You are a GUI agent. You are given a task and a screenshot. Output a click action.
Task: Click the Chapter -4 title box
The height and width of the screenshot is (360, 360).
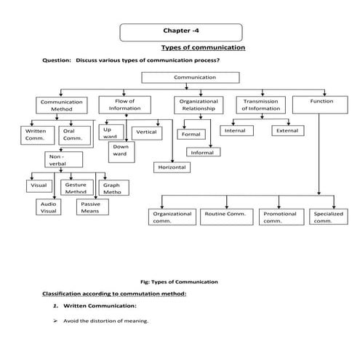coord(180,32)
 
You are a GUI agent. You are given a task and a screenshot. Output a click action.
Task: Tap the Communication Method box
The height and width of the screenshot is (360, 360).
coord(61,105)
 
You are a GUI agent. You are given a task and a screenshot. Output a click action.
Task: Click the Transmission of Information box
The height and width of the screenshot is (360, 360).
coord(261,105)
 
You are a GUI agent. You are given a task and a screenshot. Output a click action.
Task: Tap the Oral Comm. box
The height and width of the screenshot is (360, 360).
coord(73,135)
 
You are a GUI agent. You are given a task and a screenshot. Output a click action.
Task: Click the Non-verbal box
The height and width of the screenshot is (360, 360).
coord(63,160)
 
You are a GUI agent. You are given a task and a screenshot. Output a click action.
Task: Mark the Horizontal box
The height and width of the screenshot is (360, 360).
coord(172,168)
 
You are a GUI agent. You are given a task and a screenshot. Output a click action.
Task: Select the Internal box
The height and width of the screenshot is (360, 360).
coord(236,131)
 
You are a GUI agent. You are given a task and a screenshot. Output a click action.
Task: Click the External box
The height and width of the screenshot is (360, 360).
coord(285,131)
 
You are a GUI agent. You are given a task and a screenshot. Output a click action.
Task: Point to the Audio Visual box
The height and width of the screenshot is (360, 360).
coord(49,207)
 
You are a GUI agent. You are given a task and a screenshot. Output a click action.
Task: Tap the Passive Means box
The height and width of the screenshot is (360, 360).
coord(89,207)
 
